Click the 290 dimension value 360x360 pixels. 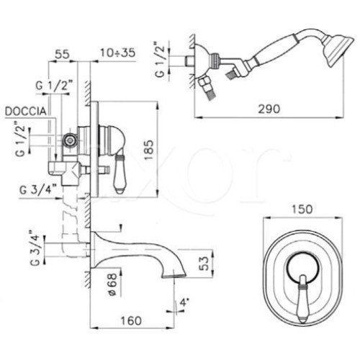coord(269,109)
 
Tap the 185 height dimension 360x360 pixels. coord(149,150)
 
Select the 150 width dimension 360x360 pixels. coord(302,209)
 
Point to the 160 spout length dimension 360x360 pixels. coord(131,320)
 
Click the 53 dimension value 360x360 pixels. coord(204,264)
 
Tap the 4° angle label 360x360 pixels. coord(184,302)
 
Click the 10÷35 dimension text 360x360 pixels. coord(117,53)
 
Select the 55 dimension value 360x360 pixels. coord(63,54)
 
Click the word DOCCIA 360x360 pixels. coord(26,112)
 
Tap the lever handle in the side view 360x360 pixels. coord(120,174)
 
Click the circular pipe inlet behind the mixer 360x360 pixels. coord(70,141)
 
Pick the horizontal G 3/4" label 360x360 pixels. coord(38,190)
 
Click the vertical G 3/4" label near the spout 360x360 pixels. coord(35,248)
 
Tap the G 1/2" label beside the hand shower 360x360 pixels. coord(160,60)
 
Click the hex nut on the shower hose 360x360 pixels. coord(204,82)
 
